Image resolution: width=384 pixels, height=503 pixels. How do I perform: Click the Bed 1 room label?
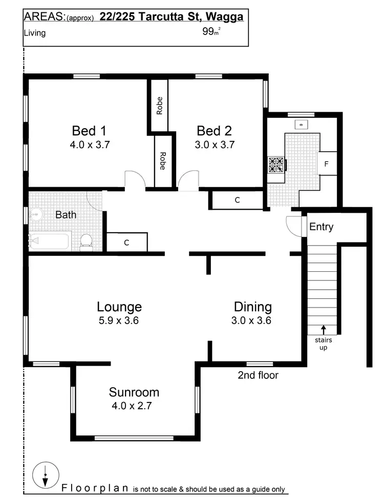point(90,130)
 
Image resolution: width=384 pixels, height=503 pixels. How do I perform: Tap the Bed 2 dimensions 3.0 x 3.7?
point(216,145)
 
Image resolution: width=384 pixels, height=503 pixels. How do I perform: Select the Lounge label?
point(119,307)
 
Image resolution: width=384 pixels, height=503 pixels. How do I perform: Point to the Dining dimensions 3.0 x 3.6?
point(252,321)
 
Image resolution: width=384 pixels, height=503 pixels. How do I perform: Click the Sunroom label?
point(134,393)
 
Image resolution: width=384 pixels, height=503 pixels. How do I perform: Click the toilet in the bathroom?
point(86,242)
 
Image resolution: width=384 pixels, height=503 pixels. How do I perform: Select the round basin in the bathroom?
point(36,214)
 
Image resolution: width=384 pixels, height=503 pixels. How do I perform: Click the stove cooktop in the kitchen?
point(276,164)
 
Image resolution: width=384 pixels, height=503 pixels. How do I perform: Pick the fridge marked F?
point(327,164)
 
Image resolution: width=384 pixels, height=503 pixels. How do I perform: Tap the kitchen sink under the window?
point(301,125)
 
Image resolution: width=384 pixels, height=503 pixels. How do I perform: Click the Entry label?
point(321,227)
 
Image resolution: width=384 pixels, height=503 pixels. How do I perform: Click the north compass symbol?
point(45,475)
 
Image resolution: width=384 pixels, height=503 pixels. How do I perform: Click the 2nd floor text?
point(258,375)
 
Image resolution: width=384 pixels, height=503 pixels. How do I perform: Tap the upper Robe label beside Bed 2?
point(160,106)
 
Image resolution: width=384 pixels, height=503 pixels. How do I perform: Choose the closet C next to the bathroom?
point(126,243)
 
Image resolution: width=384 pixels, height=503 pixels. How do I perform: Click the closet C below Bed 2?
point(237,200)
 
